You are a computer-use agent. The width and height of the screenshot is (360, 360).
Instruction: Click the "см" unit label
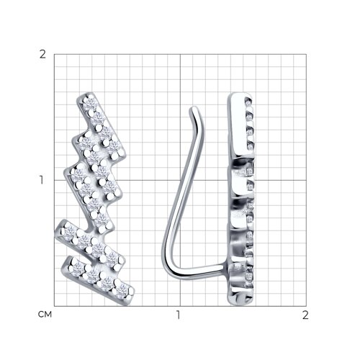[45, 314]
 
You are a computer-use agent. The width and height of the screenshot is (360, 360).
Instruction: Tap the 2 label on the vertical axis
[42, 55]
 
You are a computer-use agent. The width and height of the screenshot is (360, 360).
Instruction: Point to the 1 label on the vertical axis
[42, 180]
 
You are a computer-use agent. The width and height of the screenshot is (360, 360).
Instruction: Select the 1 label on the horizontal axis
[178, 315]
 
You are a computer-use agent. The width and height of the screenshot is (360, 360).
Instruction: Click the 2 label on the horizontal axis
[305, 315]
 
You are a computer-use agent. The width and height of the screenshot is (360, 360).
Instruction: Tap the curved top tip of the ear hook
[194, 111]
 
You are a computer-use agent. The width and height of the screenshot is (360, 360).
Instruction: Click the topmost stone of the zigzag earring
[90, 103]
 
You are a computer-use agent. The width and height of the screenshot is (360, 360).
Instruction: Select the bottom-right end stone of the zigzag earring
[123, 289]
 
